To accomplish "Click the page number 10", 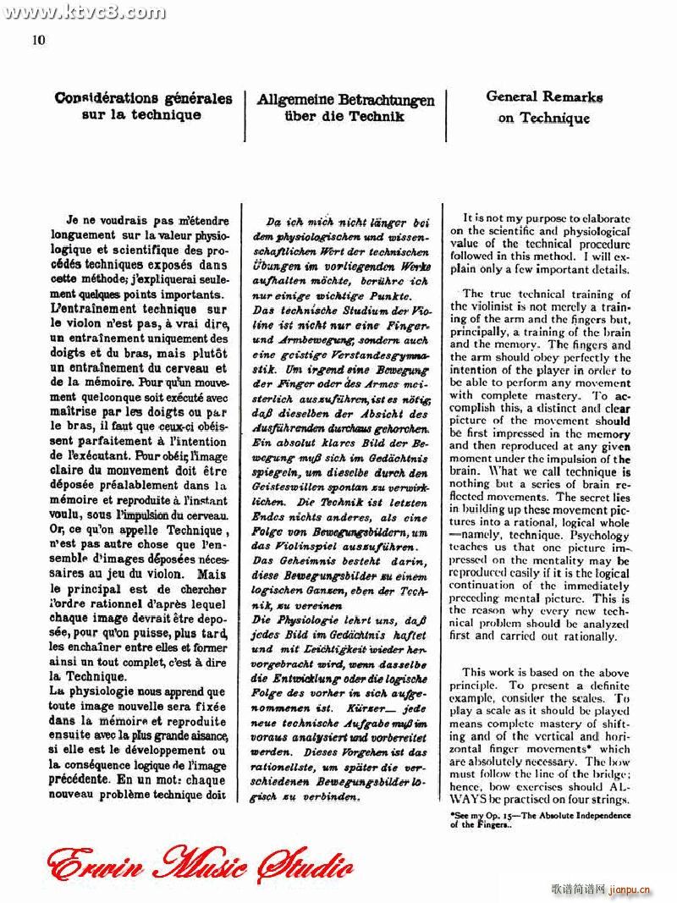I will click(x=38, y=40).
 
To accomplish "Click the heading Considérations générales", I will click(x=142, y=98).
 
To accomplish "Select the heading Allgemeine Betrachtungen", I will click(x=345, y=100).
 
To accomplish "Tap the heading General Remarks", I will click(x=544, y=96).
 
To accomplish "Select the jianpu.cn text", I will click(x=630, y=889).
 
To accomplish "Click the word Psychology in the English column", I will click(x=601, y=535).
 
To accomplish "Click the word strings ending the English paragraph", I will click(x=611, y=800).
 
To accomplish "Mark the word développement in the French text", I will click(x=162, y=750).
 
